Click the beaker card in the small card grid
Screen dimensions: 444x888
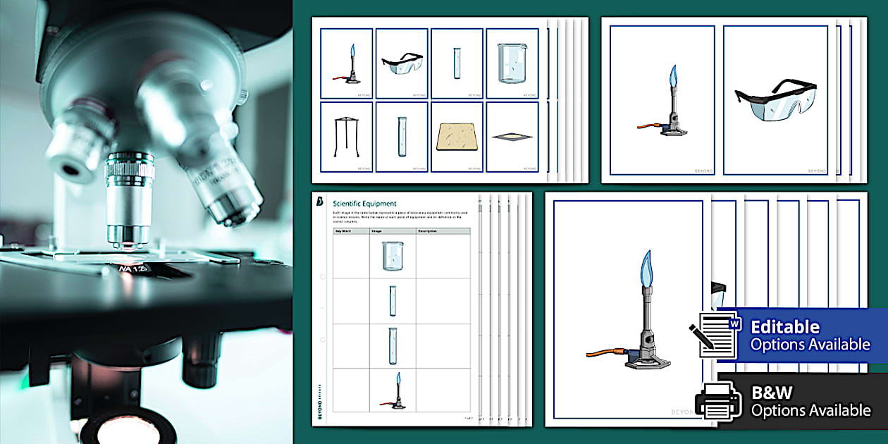[512, 63]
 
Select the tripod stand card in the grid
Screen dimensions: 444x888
[346, 137]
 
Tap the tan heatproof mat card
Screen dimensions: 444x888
[456, 137]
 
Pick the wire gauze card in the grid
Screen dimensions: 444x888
[512, 137]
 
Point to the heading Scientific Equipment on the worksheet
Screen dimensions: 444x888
[364, 204]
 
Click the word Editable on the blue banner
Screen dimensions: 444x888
[785, 327]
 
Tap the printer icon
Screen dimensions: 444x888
[718, 401]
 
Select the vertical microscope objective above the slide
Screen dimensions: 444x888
[129, 199]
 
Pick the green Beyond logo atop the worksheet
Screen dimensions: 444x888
[320, 202]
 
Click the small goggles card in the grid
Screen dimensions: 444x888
[401, 63]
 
